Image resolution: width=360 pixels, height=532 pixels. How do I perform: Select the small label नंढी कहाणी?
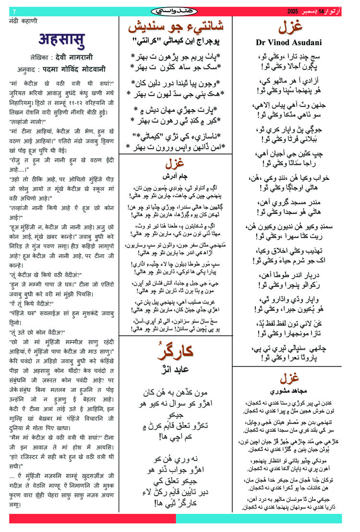[24, 21]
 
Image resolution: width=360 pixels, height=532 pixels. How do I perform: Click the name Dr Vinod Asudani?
[295, 42]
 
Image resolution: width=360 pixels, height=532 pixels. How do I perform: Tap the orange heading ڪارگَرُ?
[176, 352]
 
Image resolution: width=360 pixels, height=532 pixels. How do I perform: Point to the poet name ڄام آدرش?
[176, 176]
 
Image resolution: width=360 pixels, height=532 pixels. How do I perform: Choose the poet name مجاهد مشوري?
[296, 391]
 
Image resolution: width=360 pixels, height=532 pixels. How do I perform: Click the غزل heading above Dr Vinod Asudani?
[296, 27]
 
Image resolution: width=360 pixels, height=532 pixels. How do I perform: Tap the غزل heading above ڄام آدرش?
[176, 164]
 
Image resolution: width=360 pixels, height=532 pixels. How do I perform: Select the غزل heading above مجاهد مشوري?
[296, 378]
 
